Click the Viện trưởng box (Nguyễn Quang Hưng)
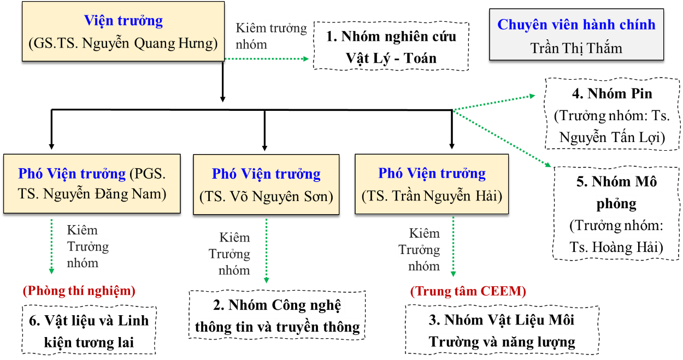(x=123, y=32)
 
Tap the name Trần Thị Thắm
(x=576, y=48)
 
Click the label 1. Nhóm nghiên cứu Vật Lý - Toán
(x=391, y=48)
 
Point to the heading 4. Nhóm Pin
(x=612, y=94)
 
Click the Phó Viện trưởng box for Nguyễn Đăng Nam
(x=92, y=184)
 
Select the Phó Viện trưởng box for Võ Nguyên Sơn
(x=266, y=185)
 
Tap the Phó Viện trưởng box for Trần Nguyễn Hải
(x=432, y=184)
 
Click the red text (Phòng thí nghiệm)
(x=79, y=291)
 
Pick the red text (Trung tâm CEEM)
(x=468, y=291)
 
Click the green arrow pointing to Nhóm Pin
(x=494, y=103)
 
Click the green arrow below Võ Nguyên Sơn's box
(x=266, y=251)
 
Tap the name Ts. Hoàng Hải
(x=616, y=247)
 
